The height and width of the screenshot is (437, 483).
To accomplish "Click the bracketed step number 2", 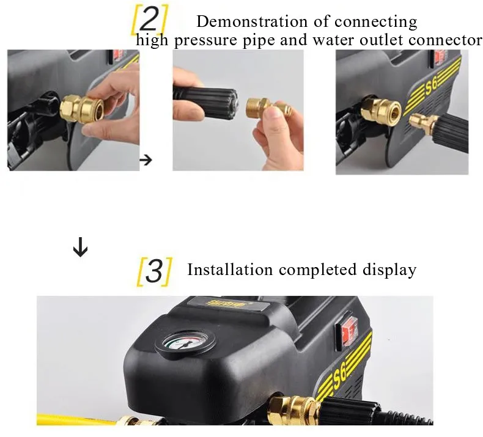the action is (x=149, y=20).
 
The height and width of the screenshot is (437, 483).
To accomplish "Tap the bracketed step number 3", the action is (x=154, y=271).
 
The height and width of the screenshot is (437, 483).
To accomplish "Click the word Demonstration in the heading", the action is (x=252, y=21).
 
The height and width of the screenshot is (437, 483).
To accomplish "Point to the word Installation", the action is (x=230, y=270).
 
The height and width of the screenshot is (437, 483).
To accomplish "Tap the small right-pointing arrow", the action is (x=146, y=160).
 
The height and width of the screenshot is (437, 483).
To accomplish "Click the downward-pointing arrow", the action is (x=80, y=247).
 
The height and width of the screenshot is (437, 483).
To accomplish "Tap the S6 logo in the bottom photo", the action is (x=341, y=376).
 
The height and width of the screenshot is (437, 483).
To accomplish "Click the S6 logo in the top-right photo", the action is (x=432, y=87).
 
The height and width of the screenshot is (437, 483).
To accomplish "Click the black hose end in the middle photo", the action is (x=205, y=98).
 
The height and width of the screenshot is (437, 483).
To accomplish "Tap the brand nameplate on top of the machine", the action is (x=226, y=304).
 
